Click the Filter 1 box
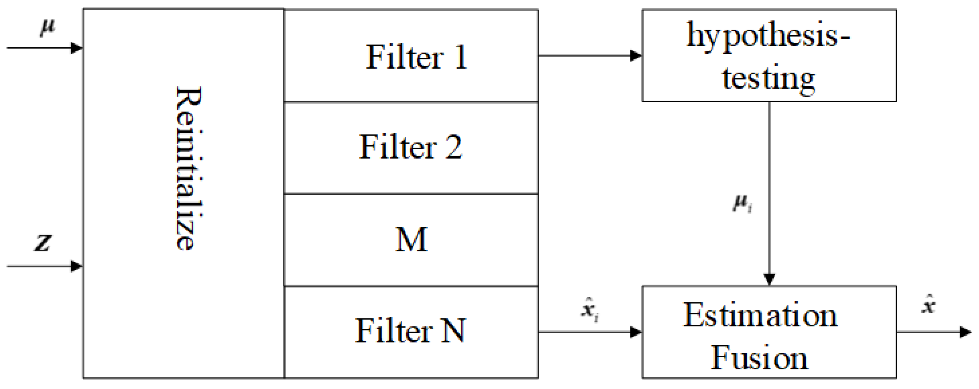click(411, 56)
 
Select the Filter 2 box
click(411, 148)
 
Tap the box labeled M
click(411, 240)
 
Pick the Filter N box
click(411, 331)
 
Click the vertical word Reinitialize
click(189, 168)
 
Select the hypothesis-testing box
click(768, 55)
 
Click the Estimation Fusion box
click(768, 332)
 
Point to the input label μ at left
click(47, 27)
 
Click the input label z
click(43, 242)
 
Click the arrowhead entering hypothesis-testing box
click(636, 56)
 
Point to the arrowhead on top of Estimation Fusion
click(769, 279)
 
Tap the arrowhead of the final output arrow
click(965, 332)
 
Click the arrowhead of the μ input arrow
click(76, 48)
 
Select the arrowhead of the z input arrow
click(76, 266)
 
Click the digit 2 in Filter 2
click(453, 148)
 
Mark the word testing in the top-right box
click(768, 79)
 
